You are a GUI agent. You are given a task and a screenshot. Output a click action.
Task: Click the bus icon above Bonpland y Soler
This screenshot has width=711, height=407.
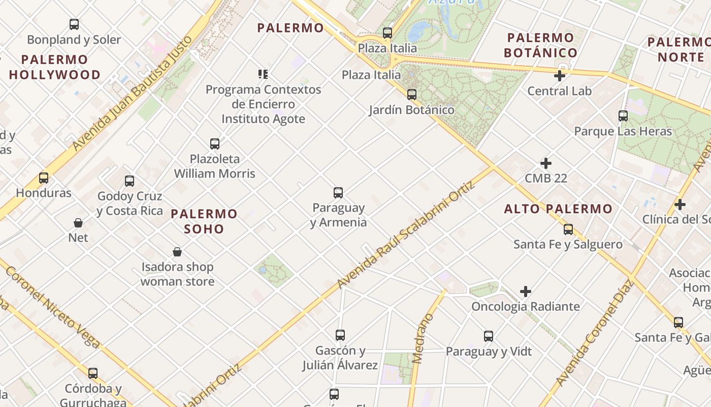click(x=74, y=24)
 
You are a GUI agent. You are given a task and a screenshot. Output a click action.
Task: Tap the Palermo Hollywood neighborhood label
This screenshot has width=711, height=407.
click(x=54, y=67)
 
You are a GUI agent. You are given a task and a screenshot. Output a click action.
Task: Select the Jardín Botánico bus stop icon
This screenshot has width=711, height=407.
click(x=412, y=94)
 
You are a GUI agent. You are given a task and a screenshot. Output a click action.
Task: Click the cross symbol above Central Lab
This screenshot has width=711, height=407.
click(x=560, y=76)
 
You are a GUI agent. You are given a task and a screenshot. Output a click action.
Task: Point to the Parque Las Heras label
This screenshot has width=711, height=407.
click(x=623, y=131)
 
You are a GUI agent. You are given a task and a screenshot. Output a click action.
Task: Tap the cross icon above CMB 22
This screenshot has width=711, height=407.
click(x=546, y=163)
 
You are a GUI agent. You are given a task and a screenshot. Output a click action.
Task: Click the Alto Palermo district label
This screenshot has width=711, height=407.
click(x=558, y=209)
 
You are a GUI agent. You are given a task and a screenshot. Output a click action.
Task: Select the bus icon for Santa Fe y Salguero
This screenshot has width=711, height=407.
click(x=568, y=229)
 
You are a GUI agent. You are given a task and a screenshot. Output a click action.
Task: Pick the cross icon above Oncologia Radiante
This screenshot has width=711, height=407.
click(x=526, y=292)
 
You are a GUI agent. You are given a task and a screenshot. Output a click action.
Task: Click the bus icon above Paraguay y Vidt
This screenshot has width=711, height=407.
click(x=489, y=336)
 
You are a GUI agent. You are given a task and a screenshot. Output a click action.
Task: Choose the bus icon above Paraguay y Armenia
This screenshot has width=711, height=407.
click(x=338, y=193)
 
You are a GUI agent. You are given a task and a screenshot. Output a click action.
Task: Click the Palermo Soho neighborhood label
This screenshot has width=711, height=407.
click(x=204, y=221)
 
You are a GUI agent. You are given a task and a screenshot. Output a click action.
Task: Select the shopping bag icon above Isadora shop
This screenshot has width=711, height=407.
click(x=177, y=252)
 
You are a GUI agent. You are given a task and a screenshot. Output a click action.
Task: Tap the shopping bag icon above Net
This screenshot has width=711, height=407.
click(x=78, y=222)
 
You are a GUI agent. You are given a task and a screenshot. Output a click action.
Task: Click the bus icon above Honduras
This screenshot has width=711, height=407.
click(x=44, y=178)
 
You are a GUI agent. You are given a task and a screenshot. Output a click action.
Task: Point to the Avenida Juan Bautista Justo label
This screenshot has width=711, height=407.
click(x=133, y=94)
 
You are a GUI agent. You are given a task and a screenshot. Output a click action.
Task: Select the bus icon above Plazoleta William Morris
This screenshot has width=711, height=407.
click(x=215, y=144)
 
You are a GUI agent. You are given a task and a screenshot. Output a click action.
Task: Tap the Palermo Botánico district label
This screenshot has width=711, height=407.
click(x=540, y=45)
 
